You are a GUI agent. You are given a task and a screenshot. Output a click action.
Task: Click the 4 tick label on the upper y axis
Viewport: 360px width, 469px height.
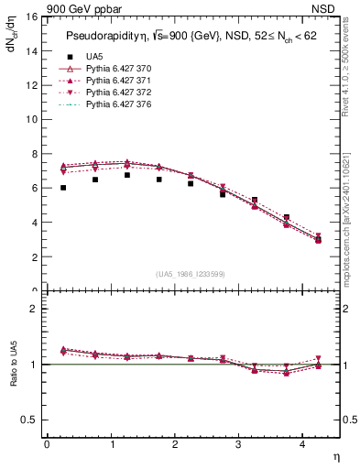[x=35, y=223]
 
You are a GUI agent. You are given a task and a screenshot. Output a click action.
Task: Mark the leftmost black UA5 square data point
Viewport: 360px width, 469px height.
[x=63, y=188]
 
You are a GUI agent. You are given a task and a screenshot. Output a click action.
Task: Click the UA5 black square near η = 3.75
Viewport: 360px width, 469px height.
[x=287, y=217]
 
